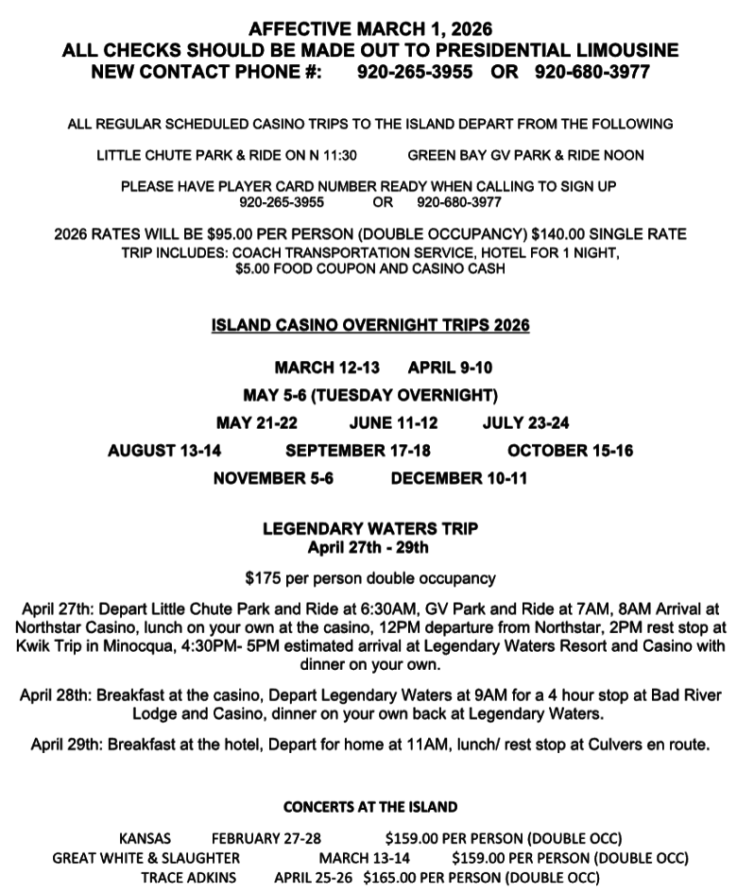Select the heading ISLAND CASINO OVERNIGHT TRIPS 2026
coord(370,326)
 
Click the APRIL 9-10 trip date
coord(450,368)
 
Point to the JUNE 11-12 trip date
coord(393,422)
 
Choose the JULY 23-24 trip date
coord(525,422)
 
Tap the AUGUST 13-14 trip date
coord(164,451)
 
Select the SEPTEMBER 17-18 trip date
coord(358,451)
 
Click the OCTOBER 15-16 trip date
coord(570,451)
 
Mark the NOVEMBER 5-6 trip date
coord(273,478)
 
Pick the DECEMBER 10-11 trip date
coord(458,478)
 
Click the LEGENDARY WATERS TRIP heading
coord(370,529)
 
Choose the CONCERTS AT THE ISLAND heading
coord(370,807)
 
